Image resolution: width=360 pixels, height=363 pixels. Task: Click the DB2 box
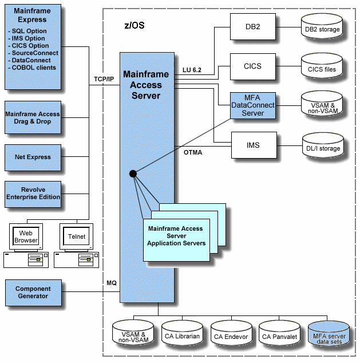pyautogui.click(x=252, y=25)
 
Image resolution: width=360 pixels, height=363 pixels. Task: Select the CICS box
pyautogui.click(x=252, y=66)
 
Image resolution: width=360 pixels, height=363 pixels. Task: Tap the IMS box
pyautogui.click(x=253, y=145)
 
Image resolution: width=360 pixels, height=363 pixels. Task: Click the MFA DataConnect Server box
pyautogui.click(x=252, y=105)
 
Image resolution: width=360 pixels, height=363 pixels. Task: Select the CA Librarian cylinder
pyautogui.click(x=181, y=336)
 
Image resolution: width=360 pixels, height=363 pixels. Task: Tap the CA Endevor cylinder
pyautogui.click(x=230, y=336)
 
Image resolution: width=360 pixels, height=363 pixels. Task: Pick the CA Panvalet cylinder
pyautogui.click(x=279, y=336)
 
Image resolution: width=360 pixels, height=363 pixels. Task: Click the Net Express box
pyautogui.click(x=33, y=157)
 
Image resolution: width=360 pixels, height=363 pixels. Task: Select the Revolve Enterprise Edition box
pyautogui.click(x=33, y=194)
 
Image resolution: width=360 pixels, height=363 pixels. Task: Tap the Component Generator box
pyautogui.click(x=33, y=293)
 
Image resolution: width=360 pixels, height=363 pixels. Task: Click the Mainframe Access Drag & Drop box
pyautogui.click(x=33, y=118)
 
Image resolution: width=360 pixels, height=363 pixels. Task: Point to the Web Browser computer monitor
pyautogui.click(x=26, y=237)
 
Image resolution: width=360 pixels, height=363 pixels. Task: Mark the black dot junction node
pyautogui.click(x=133, y=173)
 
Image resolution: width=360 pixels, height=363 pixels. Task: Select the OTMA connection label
pyautogui.click(x=193, y=153)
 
